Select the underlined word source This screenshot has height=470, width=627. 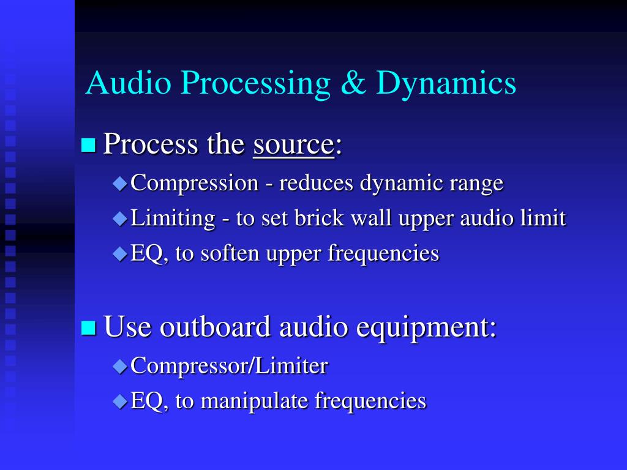tap(293, 145)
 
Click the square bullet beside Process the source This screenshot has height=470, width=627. tap(89, 145)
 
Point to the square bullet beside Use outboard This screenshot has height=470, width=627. tap(89, 327)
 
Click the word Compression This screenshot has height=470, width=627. tap(195, 184)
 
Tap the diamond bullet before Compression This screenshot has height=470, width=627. tap(120, 183)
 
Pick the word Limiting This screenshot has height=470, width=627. tap(173, 218)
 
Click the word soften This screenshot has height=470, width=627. tap(232, 253)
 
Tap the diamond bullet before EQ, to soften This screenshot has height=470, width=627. tap(120, 253)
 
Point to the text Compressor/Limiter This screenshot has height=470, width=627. tap(229, 366)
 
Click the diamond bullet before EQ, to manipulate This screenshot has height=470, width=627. tap(120, 401)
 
